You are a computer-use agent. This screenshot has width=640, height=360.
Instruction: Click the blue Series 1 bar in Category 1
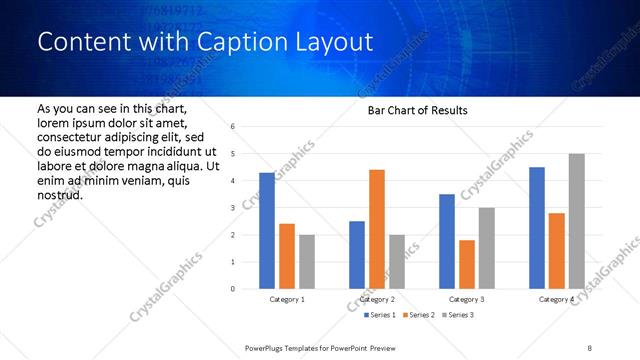pos(267,231)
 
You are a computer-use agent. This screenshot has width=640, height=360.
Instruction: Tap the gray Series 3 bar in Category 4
pos(576,221)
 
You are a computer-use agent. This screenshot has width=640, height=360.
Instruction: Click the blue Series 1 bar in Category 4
pos(537,228)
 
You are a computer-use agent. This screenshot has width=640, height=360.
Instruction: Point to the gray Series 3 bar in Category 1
pos(306,262)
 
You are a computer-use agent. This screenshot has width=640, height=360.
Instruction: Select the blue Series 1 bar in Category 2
pos(357,255)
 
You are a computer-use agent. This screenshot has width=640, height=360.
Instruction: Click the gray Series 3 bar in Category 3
pos(486,248)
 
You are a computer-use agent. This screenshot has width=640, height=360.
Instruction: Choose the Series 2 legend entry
pos(419,315)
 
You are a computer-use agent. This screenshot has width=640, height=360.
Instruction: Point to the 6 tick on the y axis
pos(232,127)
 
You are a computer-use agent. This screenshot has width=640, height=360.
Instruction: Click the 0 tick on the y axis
pos(232,289)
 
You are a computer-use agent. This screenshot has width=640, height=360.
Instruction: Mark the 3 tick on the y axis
pos(232,208)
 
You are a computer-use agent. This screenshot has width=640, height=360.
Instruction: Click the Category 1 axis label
pos(287,299)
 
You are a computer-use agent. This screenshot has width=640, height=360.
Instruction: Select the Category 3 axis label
pos(467,299)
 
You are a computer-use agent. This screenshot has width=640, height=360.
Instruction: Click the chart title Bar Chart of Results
pos(411,110)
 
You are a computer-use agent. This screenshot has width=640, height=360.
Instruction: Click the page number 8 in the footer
pos(590,347)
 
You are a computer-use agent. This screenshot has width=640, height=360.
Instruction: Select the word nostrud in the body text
pos(60,194)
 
